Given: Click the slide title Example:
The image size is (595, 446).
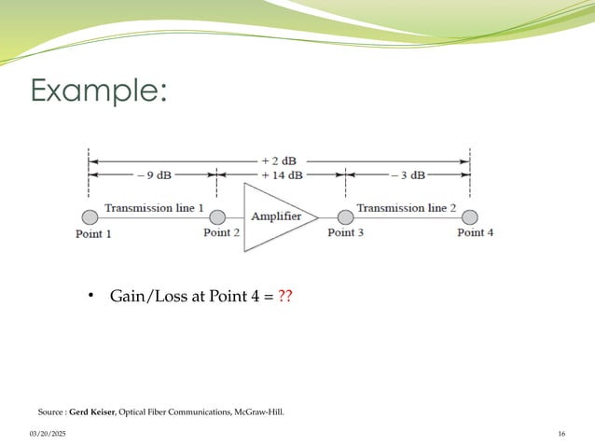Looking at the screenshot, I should coord(99,91).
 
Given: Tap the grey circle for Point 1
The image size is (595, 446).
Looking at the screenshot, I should coord(90,217).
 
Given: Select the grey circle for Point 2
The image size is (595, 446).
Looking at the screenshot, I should coord(217,217).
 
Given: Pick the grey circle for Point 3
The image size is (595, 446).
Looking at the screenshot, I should coord(345,217).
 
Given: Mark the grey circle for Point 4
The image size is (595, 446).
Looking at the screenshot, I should coord(469,217).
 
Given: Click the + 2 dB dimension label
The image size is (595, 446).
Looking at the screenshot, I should coord(279,160).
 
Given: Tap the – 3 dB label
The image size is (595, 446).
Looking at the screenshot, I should coord(407,174).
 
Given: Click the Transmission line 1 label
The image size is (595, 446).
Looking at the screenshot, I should coord(154,208).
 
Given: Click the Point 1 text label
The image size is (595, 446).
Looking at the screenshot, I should coord(93,234).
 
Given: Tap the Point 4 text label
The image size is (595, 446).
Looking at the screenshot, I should coord(475,233).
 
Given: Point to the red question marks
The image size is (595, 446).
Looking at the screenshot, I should coord(286,297).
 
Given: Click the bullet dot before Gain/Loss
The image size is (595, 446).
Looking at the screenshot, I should coord(91,297).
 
